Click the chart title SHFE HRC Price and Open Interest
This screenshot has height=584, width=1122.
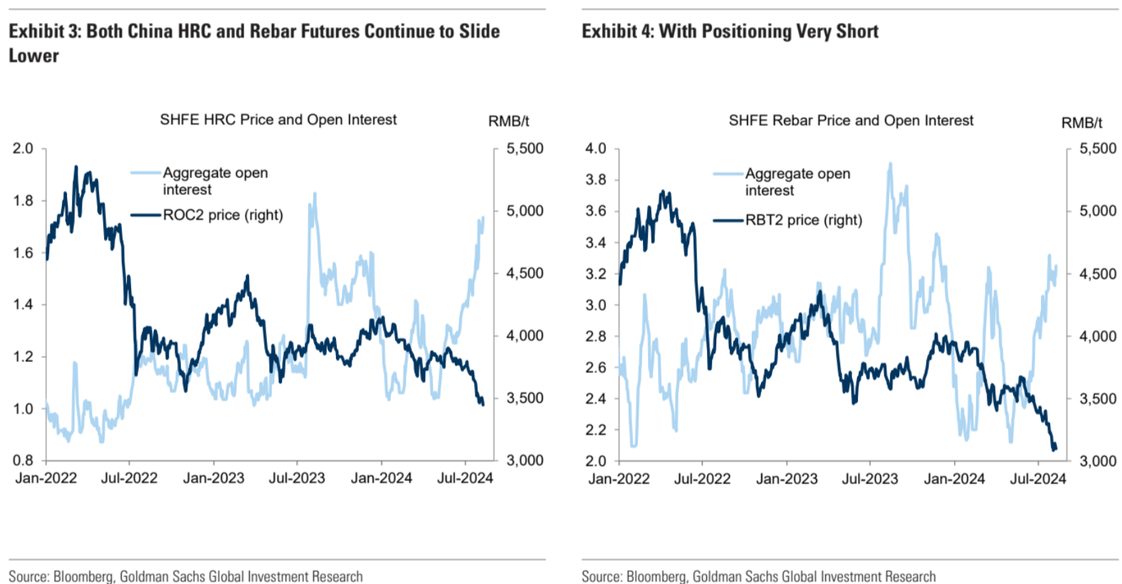278,120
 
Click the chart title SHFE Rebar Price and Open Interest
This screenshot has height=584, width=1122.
851,120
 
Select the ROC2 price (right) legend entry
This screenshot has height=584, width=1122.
223,215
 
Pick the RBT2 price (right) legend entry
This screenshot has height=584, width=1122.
803,220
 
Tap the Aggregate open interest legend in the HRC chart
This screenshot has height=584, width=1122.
215,181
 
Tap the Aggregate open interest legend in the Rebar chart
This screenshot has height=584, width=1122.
797,182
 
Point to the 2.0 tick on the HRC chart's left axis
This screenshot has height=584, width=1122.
23,148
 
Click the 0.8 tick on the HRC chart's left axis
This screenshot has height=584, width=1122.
23,460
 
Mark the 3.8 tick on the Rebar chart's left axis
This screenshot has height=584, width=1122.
596,179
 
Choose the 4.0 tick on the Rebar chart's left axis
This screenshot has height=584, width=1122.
596,148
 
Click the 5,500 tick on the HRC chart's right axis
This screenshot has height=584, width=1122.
525,148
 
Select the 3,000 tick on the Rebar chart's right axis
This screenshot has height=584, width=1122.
1098,461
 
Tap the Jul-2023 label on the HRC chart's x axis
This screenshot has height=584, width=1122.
296,478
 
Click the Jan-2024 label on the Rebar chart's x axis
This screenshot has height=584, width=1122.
954,479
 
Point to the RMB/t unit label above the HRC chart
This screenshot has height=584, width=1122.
508,121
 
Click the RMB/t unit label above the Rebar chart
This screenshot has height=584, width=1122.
1081,122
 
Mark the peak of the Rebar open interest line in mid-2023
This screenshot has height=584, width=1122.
890,164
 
